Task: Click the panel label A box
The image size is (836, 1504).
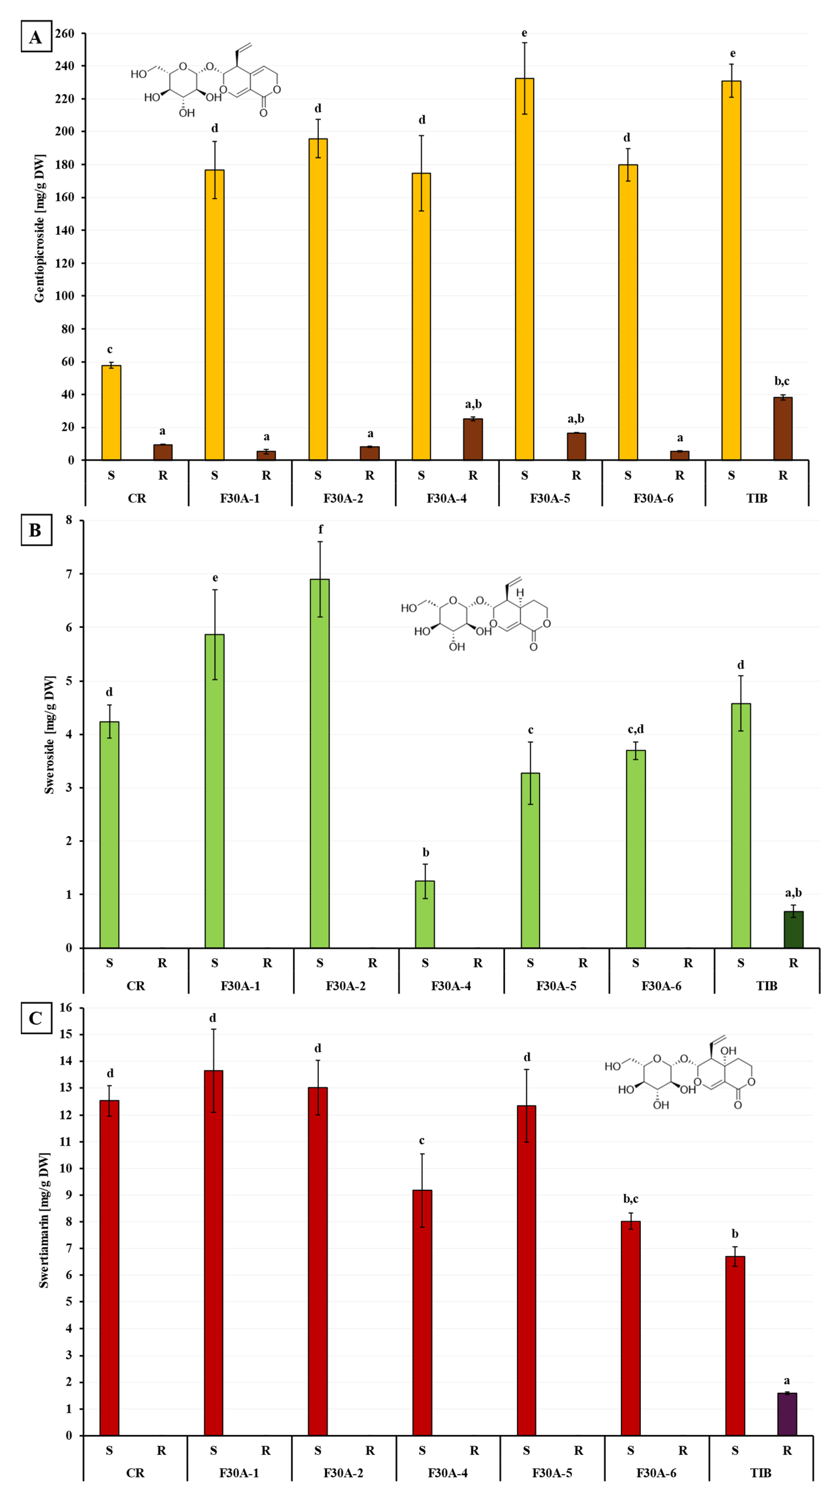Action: [36, 37]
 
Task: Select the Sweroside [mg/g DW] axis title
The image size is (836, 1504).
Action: [50, 735]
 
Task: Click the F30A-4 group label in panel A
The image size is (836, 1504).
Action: [446, 498]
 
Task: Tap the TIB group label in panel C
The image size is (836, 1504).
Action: [760, 1473]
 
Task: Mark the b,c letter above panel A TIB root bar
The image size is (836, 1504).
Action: [782, 381]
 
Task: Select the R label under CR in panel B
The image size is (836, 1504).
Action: [162, 963]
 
